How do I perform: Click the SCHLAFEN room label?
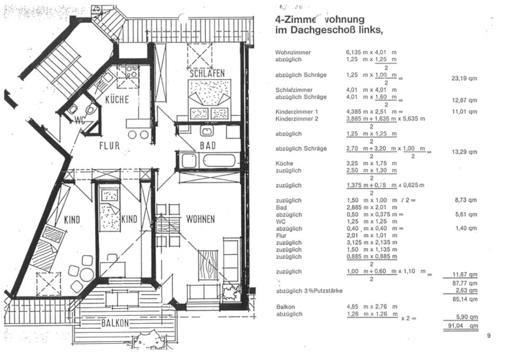click(x=207, y=73)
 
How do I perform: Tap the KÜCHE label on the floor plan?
click(x=117, y=100)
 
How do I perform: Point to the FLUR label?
click(x=109, y=145)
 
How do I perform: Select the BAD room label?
click(x=207, y=145)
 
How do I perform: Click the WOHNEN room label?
click(x=200, y=219)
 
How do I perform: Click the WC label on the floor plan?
click(x=81, y=119)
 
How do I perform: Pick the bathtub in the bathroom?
click(x=207, y=161)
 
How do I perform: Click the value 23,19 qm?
click(x=464, y=78)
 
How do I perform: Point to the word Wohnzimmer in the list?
click(x=293, y=52)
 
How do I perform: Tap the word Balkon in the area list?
click(x=285, y=307)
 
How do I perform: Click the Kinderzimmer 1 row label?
click(x=296, y=112)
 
